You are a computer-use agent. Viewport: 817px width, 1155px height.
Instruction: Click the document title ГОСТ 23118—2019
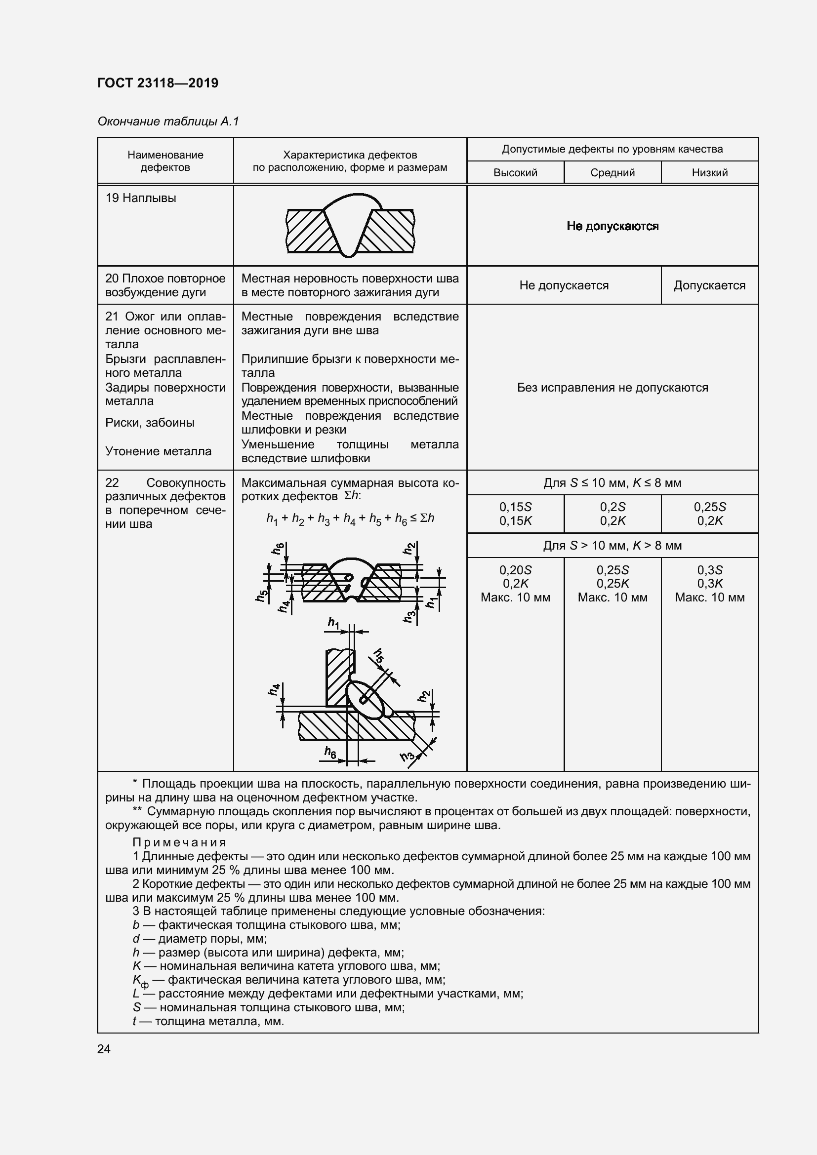pos(158,83)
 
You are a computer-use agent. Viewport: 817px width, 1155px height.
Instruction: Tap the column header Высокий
pos(515,172)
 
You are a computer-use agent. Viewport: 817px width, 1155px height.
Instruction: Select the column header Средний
pos(612,172)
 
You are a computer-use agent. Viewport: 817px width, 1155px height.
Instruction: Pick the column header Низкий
pos(709,172)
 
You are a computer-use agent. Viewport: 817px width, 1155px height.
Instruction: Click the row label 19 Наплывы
pos(140,198)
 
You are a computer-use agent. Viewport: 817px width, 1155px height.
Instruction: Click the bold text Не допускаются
pos(612,226)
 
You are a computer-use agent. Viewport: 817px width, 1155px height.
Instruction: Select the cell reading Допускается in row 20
pos(709,285)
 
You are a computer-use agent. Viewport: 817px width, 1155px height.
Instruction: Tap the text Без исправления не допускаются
pos(612,387)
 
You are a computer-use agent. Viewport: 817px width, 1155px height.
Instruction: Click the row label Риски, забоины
pos(149,423)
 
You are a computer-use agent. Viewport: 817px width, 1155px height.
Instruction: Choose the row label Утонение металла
pos(158,451)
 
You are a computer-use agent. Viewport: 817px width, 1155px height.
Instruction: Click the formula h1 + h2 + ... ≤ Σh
pos(350,518)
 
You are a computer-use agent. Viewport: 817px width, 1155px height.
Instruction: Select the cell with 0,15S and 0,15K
pos(515,514)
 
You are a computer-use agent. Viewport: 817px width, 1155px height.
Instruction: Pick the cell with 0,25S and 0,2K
pos(709,514)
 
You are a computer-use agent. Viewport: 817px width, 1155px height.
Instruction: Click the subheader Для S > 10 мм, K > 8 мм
pos(612,545)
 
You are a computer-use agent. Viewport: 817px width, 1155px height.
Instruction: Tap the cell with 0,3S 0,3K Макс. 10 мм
pos(709,584)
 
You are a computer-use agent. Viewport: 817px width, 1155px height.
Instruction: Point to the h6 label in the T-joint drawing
pos(330,752)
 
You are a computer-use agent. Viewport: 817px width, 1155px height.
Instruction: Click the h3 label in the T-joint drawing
pos(407,756)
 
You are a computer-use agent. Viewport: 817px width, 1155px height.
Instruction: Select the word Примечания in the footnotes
pos(179,842)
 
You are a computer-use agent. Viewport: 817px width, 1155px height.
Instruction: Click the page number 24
pos(104,1049)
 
